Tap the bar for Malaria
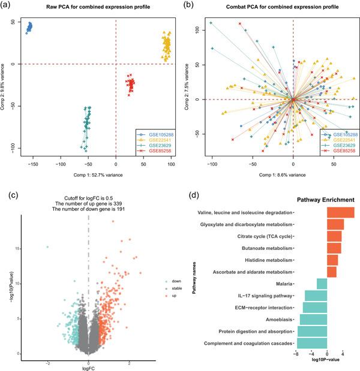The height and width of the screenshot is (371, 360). point(322,283)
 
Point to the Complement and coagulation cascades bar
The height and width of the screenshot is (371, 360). point(312,343)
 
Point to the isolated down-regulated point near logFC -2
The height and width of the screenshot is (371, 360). point(47,246)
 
